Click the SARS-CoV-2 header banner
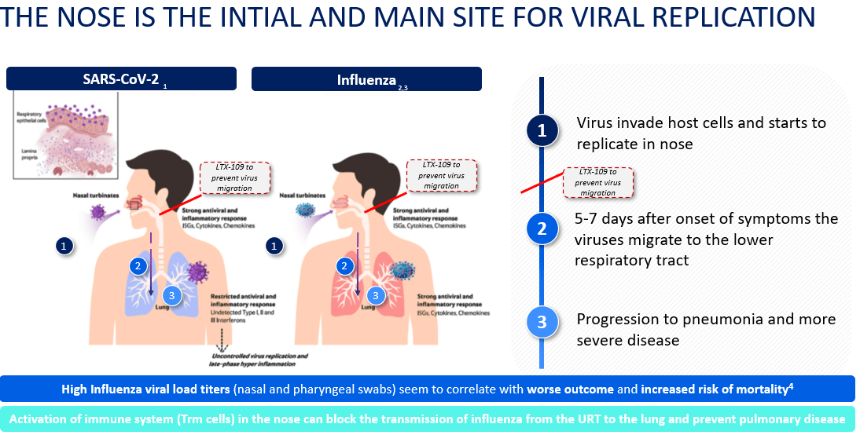(x=121, y=79)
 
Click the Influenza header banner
(x=366, y=79)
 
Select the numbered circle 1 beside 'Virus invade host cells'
(x=542, y=131)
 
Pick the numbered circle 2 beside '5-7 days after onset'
(x=542, y=228)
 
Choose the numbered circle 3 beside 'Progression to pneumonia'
(x=542, y=322)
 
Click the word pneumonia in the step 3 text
(x=730, y=320)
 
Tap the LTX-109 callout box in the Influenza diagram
(x=441, y=174)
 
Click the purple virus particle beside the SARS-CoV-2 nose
(x=98, y=211)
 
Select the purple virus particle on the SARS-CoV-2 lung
(x=198, y=272)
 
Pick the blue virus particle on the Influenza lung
(x=403, y=269)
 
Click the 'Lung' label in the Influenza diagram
(x=369, y=308)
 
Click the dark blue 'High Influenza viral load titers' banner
(x=429, y=389)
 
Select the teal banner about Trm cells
(x=429, y=419)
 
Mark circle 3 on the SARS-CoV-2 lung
(x=171, y=295)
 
